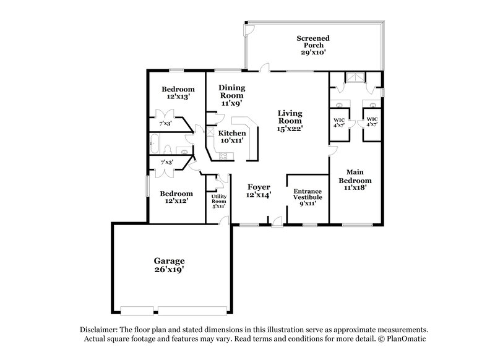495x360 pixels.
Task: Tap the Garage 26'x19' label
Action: click(x=169, y=265)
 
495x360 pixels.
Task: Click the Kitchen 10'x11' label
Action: click(x=233, y=137)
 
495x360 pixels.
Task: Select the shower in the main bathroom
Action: click(x=356, y=78)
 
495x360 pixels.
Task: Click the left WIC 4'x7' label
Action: click(x=338, y=122)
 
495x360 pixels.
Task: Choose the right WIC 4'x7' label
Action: click(x=372, y=122)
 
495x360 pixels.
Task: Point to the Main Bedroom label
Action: click(x=355, y=181)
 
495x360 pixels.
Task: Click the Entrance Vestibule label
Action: click(x=308, y=197)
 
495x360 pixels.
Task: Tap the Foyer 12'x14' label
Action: click(x=259, y=190)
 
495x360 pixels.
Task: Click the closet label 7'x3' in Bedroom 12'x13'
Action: click(x=166, y=123)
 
